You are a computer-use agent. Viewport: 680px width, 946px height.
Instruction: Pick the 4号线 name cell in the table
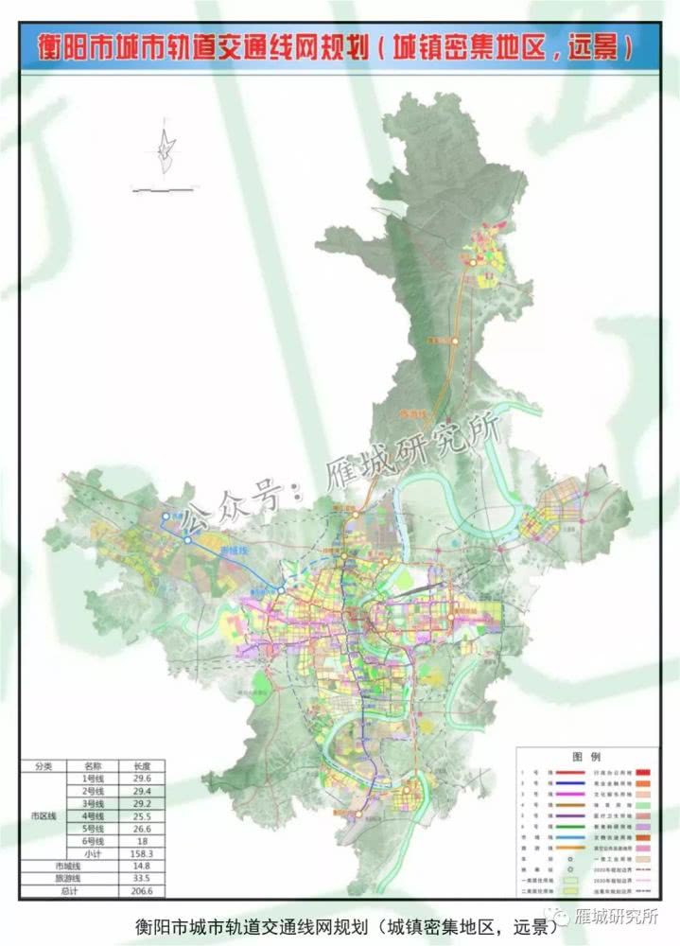(x=92, y=815)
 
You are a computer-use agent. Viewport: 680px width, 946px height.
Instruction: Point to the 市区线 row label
(x=43, y=815)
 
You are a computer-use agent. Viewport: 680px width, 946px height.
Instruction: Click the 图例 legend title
(x=587, y=758)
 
